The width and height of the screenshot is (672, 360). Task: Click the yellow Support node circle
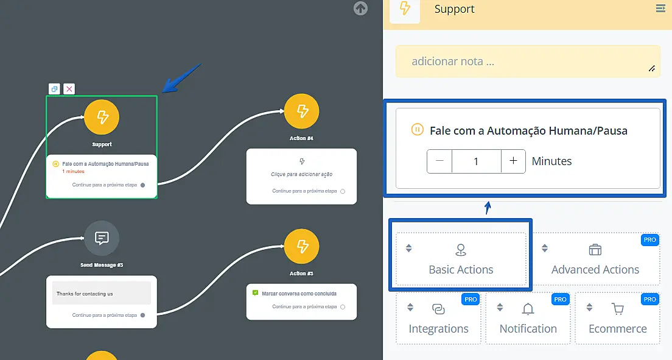(x=102, y=117)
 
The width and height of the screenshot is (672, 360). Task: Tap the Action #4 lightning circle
(x=301, y=111)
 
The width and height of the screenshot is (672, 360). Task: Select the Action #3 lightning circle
(x=301, y=246)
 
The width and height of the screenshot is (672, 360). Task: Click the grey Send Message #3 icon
(x=102, y=238)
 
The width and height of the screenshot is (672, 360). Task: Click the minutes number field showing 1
(x=476, y=161)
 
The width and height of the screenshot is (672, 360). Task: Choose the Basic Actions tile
(x=461, y=259)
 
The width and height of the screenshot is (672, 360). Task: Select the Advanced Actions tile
(x=595, y=259)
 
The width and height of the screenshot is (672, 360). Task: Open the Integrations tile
(x=438, y=319)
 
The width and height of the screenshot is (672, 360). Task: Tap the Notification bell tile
(x=528, y=319)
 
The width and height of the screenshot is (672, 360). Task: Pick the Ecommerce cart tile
(x=617, y=319)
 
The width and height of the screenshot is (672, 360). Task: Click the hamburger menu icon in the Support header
(x=660, y=9)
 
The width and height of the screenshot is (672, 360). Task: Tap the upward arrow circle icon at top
(x=360, y=9)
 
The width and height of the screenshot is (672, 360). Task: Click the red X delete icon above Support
(x=69, y=89)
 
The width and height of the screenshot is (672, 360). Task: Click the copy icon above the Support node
(x=54, y=89)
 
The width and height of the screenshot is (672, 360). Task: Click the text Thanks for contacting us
(x=85, y=294)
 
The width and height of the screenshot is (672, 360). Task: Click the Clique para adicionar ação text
(x=301, y=174)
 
